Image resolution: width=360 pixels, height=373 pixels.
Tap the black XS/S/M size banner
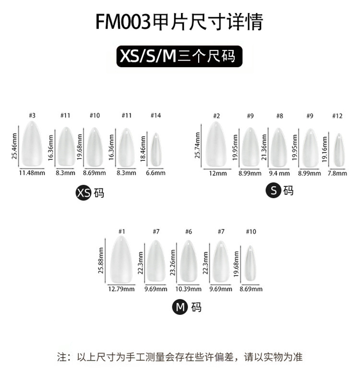(180, 56)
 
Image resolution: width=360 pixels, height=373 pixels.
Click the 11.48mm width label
(32, 173)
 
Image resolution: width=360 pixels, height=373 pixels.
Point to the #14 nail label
(155, 116)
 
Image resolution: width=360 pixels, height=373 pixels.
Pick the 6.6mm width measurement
(155, 173)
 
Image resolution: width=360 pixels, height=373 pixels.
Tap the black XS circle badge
(84, 193)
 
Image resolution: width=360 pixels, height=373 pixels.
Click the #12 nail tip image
(339, 150)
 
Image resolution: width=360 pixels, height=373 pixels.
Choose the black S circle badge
(273, 191)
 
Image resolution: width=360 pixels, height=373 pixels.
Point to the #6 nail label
(188, 232)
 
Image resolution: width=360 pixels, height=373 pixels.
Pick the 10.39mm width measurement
(189, 289)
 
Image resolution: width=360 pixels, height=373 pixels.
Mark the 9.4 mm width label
(279, 173)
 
